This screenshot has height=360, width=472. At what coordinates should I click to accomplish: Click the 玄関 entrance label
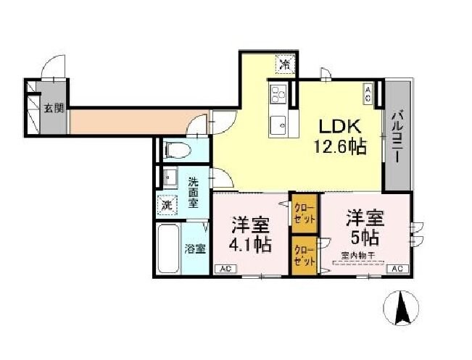(x=54, y=109)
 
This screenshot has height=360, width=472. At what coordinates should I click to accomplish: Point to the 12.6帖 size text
(x=339, y=146)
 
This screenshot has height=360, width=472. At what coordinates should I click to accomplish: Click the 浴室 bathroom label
(x=194, y=249)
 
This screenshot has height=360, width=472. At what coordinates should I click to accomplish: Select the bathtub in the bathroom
(x=168, y=248)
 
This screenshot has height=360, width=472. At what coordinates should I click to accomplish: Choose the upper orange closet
(x=302, y=212)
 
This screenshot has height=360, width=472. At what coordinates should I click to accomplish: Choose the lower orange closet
(x=304, y=256)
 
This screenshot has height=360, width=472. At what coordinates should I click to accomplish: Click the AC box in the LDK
(x=368, y=92)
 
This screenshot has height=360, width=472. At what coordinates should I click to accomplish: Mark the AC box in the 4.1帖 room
(x=225, y=269)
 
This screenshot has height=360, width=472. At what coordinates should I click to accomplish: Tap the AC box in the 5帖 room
(x=397, y=269)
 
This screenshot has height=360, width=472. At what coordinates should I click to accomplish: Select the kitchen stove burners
(x=278, y=93)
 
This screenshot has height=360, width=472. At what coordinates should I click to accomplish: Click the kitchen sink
(x=278, y=125)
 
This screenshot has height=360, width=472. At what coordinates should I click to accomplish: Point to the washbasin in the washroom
(x=170, y=177)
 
